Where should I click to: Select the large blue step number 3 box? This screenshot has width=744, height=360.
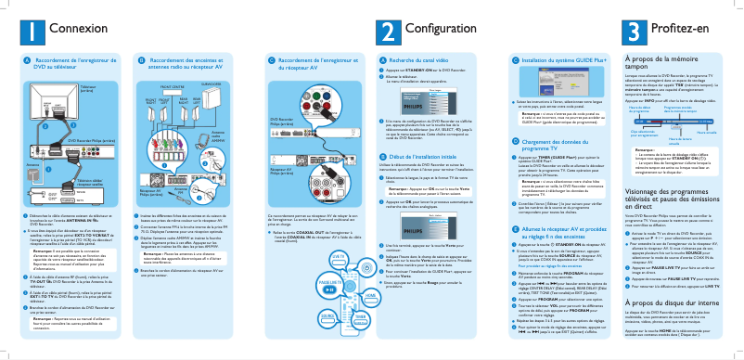pos(634,31)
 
